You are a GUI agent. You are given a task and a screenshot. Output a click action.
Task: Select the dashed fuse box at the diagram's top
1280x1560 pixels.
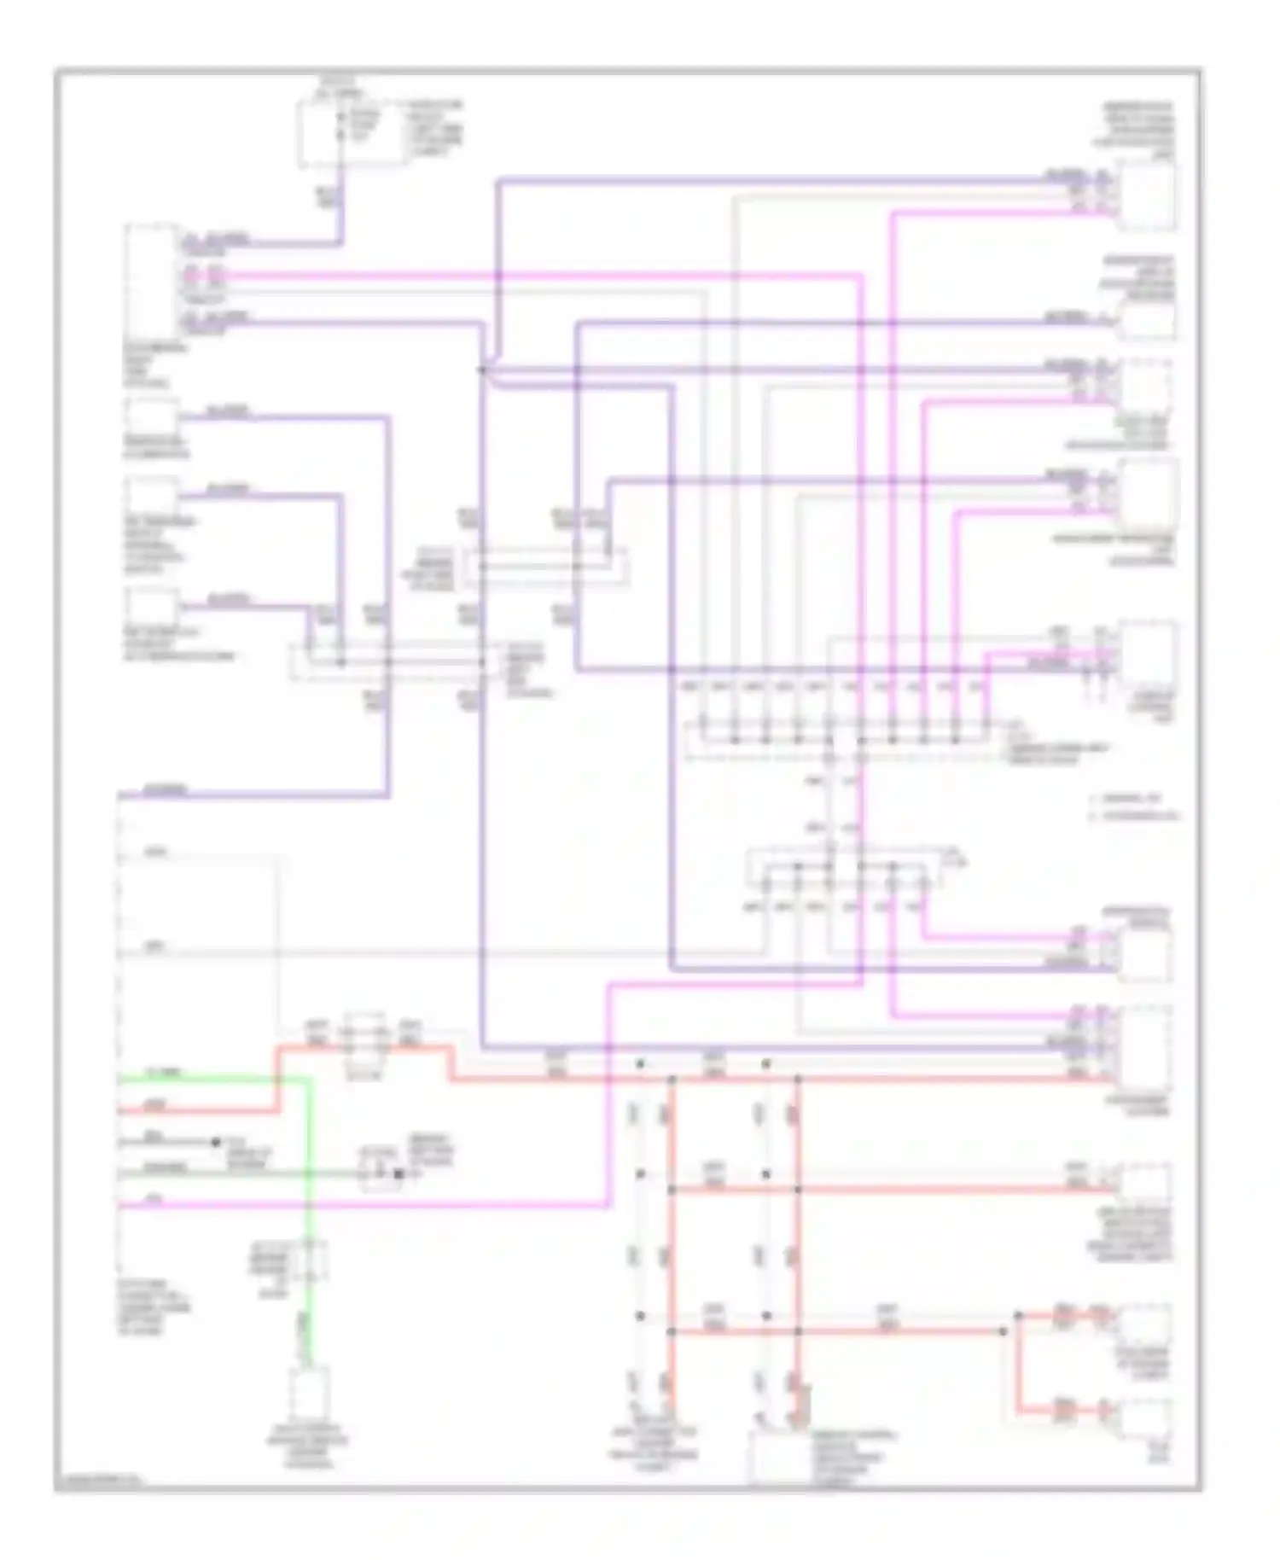(x=339, y=135)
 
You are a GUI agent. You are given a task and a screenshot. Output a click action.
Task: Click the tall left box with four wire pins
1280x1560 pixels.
(x=150, y=282)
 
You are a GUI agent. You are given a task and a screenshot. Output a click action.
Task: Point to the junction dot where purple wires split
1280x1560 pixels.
(x=482, y=370)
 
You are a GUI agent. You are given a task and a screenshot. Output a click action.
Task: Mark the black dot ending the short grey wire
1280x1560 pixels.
(x=216, y=1142)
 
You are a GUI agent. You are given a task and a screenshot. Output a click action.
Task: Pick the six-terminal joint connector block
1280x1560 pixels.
(x=843, y=868)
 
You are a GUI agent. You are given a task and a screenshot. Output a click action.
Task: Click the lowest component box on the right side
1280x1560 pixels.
(x=1145, y=1423)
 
